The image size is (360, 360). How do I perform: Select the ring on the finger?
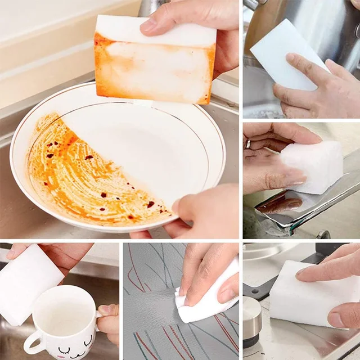coord(247,144)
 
